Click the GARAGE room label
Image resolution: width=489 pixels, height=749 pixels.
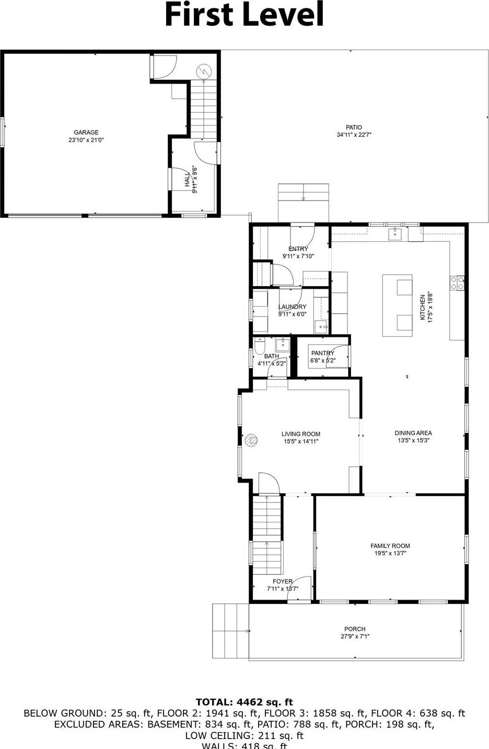click(x=86, y=133)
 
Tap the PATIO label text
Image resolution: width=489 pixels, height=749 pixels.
click(x=354, y=127)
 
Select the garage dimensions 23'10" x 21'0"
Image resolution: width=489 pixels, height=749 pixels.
click(x=86, y=140)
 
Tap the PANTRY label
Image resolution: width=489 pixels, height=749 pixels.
click(x=322, y=353)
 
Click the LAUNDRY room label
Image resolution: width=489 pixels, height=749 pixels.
click(x=292, y=307)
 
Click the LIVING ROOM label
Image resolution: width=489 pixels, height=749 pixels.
click(x=301, y=434)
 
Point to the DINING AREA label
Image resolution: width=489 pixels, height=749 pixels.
click(x=413, y=433)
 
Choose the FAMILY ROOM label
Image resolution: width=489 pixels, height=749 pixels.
click(x=390, y=546)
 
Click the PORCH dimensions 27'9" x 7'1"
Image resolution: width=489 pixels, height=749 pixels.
click(x=355, y=637)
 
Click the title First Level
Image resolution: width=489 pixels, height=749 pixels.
click(x=245, y=15)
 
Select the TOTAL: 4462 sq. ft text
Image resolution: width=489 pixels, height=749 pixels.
click(x=245, y=702)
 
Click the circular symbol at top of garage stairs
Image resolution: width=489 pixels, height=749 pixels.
click(x=203, y=71)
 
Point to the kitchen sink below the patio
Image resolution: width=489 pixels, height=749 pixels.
click(x=395, y=233)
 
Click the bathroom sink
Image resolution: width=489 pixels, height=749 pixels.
click(x=283, y=344)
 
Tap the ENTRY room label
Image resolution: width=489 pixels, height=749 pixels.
click(x=298, y=249)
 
